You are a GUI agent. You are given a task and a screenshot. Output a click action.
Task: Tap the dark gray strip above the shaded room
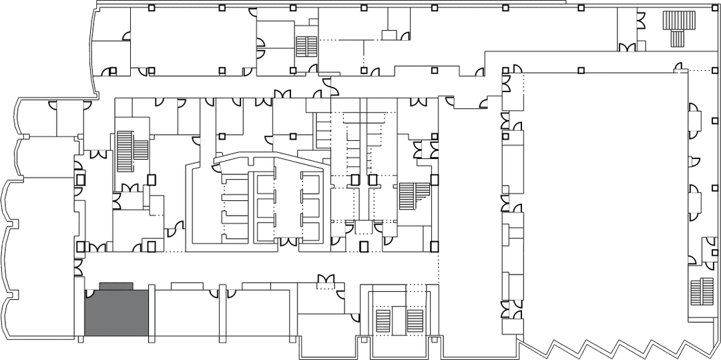coord(116,286)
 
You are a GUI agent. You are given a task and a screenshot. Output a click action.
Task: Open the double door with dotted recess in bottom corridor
coord(326,279)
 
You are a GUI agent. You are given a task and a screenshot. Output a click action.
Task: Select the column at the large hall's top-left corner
coord(517,69)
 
